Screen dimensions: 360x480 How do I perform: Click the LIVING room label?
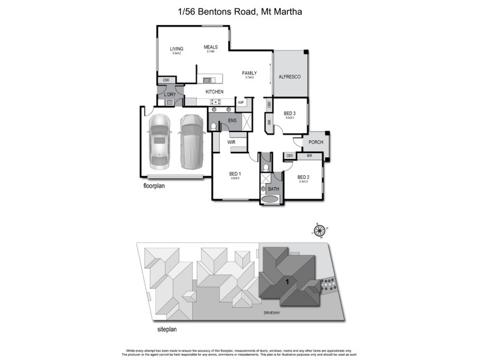point(176,49)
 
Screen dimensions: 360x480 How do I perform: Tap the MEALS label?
point(211,47)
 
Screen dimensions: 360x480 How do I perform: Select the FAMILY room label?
point(249,73)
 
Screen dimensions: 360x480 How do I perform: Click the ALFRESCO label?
point(289,77)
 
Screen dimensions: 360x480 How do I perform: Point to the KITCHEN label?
point(214,92)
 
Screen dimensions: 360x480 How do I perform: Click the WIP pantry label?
point(241,103)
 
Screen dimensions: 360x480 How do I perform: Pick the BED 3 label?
point(290,113)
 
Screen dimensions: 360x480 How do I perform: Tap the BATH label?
point(274,189)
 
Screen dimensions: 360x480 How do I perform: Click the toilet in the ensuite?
point(214,127)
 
